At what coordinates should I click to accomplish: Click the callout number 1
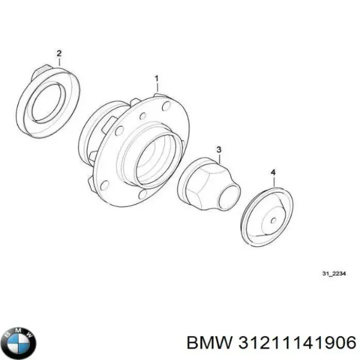tap(157, 78)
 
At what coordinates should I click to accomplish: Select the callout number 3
tap(219, 149)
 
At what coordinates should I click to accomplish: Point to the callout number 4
tap(274, 173)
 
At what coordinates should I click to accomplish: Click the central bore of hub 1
tap(157, 158)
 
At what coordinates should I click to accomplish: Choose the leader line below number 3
tap(219, 157)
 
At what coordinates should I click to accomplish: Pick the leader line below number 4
tap(274, 182)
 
